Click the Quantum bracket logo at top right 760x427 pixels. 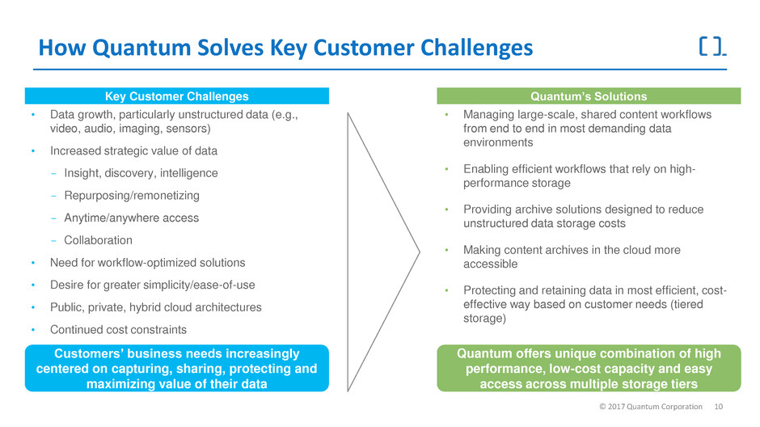[711, 48]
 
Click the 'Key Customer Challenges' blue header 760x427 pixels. [176, 96]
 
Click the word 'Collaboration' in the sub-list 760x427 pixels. [98, 240]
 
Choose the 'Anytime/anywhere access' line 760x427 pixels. [131, 218]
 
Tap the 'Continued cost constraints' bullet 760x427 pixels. [118, 329]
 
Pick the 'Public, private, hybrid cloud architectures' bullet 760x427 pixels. [156, 307]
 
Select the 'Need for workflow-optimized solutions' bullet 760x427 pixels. [147, 263]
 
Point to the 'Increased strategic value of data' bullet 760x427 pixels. [133, 150]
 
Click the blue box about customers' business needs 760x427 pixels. [176, 368]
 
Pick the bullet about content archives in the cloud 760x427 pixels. [572, 256]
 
